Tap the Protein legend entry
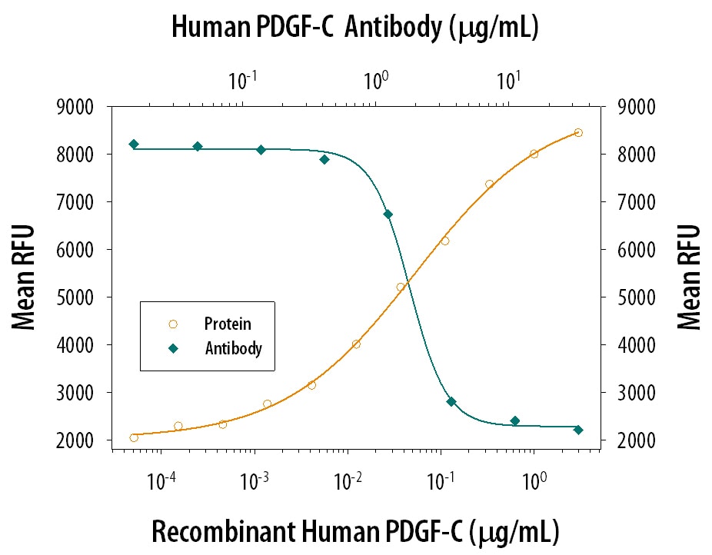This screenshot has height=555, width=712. coord(228,324)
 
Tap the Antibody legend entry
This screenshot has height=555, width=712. coord(233,348)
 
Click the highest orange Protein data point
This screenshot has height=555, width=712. coord(578,132)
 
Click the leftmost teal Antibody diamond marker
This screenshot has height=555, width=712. coord(134,144)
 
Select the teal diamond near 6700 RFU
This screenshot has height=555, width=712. coord(388,214)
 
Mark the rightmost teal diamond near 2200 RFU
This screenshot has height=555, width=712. coord(578,430)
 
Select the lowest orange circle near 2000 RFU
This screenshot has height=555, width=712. coord(134,437)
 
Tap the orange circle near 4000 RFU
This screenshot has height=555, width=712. coord(356,344)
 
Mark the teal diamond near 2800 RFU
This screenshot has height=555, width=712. coord(451,401)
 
